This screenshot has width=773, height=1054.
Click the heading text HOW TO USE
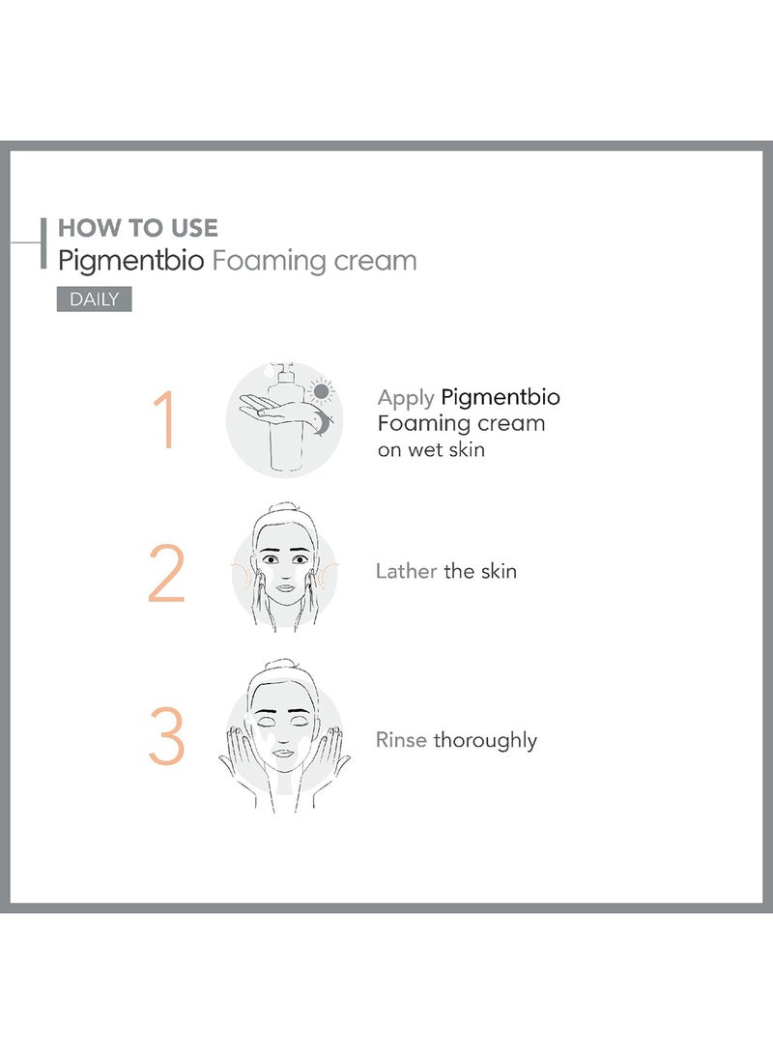point(138,228)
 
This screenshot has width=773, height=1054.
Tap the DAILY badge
point(94,299)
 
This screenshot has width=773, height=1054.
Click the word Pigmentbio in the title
point(131,261)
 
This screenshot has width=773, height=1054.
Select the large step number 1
point(165,420)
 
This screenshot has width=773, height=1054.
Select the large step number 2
point(166,577)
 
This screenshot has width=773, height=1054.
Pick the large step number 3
point(166,739)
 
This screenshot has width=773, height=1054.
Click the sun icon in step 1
point(321,391)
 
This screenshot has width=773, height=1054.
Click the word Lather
point(406,571)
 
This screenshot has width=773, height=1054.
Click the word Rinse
point(401,740)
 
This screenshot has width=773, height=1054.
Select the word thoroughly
point(485,741)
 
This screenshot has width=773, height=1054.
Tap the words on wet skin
point(431,449)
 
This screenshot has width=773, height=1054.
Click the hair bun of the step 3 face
point(284,668)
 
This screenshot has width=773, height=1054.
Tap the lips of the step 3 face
point(283,751)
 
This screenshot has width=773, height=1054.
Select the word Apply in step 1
point(406,398)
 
